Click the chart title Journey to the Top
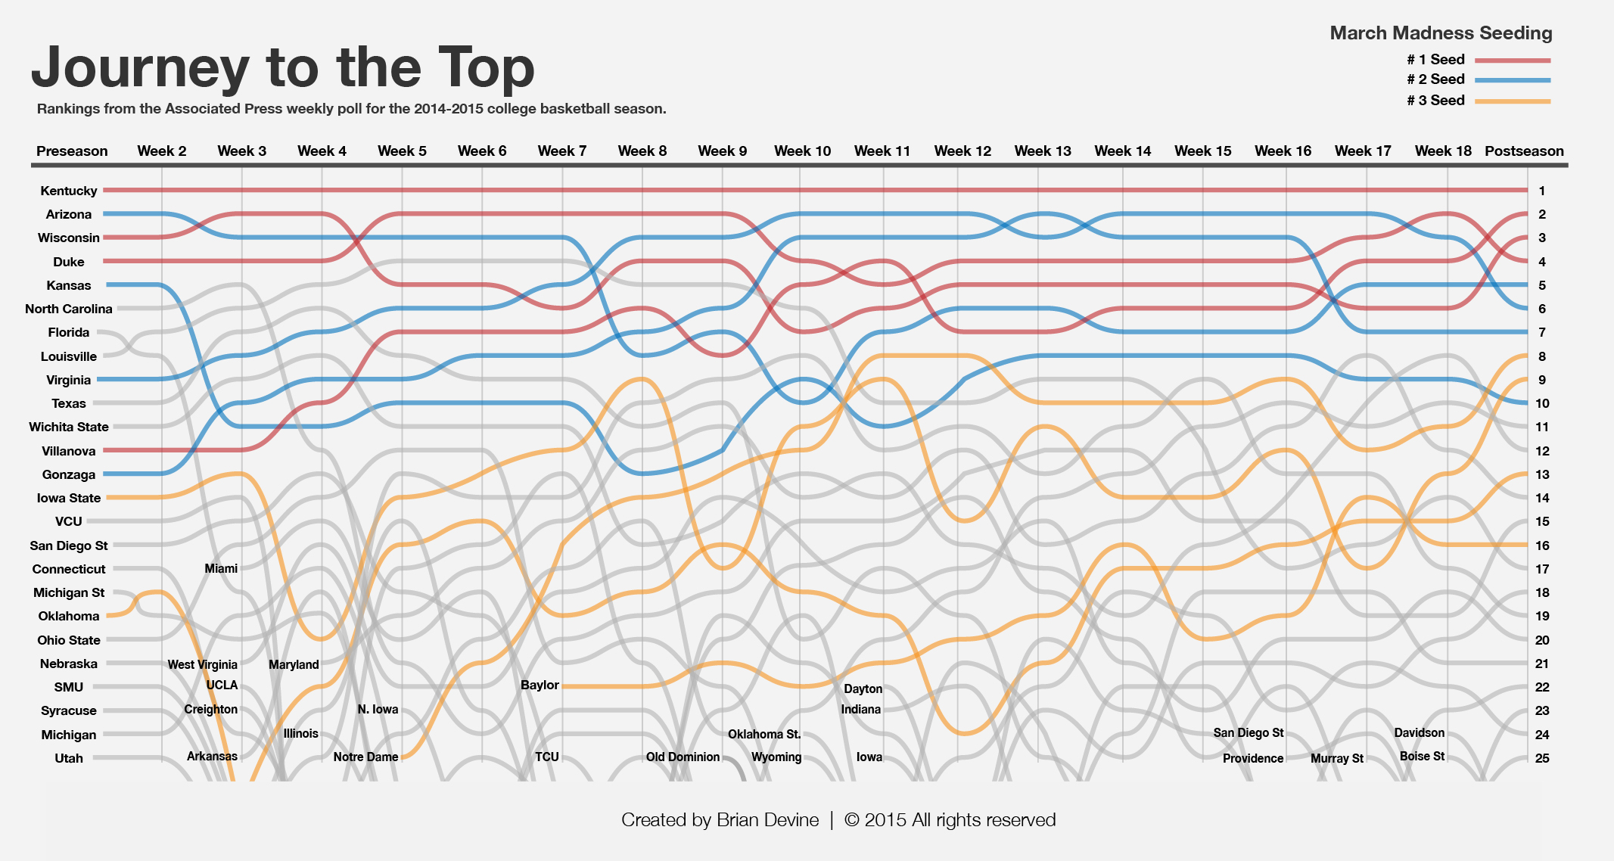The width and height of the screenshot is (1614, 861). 282,68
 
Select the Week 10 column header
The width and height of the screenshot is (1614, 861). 802,151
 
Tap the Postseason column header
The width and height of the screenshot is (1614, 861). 1524,151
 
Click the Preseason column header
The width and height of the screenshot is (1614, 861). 72,151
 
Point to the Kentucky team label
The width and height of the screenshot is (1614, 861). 69,191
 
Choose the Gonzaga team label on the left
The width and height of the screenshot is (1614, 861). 69,474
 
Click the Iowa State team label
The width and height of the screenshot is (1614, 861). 69,498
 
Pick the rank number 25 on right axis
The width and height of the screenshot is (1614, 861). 1542,758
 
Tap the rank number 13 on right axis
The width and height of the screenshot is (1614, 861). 1542,474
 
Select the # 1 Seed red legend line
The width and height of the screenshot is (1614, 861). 1513,60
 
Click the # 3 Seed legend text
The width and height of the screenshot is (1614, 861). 1435,100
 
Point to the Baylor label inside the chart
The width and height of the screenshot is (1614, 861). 540,685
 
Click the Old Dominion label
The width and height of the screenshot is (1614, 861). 683,757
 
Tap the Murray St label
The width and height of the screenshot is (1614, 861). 1336,758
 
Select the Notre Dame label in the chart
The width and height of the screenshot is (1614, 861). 365,757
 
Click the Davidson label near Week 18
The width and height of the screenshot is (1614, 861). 1419,732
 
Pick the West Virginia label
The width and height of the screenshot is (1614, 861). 202,664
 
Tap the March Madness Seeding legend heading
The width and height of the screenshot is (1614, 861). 1441,33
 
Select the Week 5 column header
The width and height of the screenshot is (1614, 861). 402,151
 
